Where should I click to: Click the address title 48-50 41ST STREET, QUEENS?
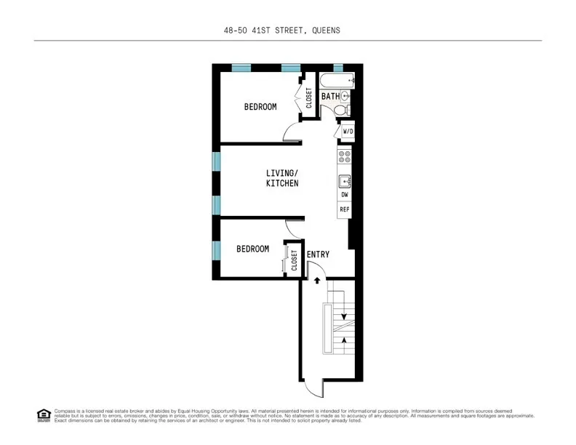pos(281,31)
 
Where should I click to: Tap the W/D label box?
pos(348,132)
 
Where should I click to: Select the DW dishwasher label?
pos(345,195)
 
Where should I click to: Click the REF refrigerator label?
pos(345,210)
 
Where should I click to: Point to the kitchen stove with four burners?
pos(345,157)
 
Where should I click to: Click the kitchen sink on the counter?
pos(345,179)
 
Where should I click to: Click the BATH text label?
pos(330,96)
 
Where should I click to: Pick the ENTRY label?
pos(318,254)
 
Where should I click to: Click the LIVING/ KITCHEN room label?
pos(281,178)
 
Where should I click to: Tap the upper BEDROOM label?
pos(260,107)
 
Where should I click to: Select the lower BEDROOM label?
pos(252,249)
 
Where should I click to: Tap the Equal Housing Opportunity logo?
pos(43,415)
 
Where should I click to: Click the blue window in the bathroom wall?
pos(337,68)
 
